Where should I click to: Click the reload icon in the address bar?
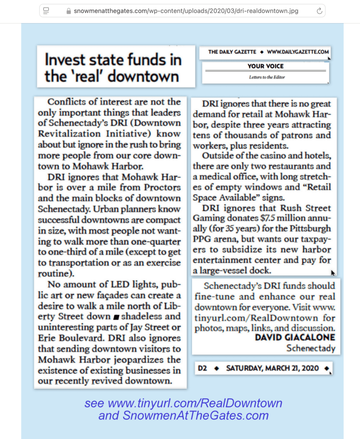click(319, 11)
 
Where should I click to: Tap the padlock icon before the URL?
click(69, 11)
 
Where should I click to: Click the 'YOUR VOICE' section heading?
click(265, 66)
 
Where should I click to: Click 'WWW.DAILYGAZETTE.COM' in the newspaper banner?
click(298, 52)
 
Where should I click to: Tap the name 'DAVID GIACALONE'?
click(295, 338)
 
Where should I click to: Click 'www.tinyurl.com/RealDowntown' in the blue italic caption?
click(195, 403)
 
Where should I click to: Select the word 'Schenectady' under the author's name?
click(311, 349)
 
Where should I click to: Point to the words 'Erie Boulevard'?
click(66, 338)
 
